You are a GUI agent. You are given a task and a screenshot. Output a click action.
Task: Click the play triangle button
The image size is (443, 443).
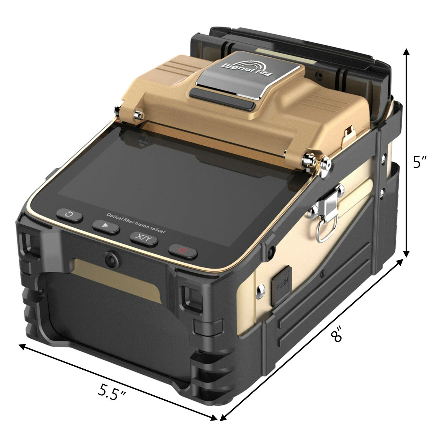click(106, 226)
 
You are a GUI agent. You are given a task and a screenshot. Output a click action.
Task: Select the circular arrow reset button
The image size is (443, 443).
click(69, 215)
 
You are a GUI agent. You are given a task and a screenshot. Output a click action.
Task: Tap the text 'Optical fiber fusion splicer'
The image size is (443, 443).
click(136, 223)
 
